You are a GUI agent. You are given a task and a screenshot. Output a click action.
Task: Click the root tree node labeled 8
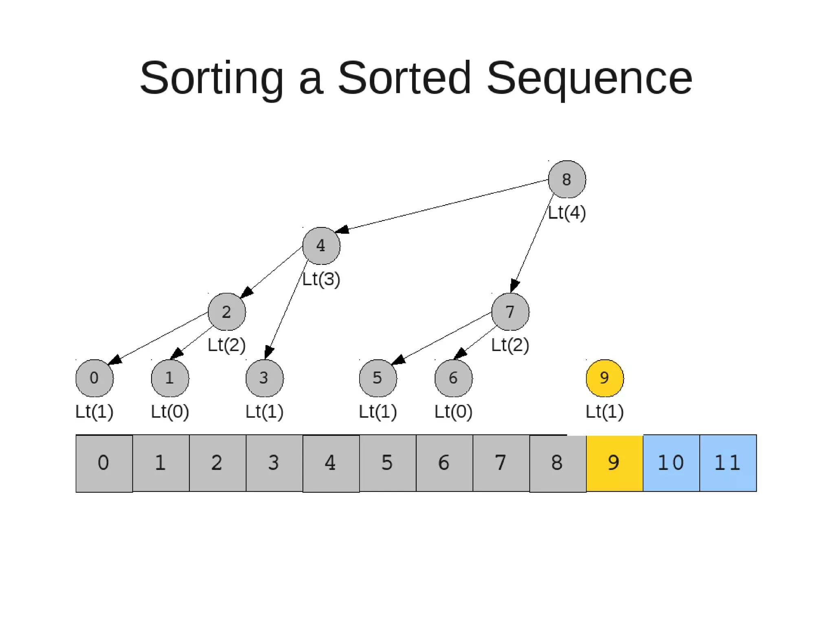(566, 179)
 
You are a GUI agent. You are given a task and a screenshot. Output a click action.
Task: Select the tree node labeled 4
(321, 246)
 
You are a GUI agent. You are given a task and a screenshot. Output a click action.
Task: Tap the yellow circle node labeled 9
(604, 378)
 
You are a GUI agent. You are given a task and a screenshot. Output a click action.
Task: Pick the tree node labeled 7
(510, 312)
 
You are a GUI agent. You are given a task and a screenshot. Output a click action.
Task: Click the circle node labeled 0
(94, 378)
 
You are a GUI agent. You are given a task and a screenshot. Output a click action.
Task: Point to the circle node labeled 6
(453, 378)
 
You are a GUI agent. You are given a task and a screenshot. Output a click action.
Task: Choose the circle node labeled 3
(264, 378)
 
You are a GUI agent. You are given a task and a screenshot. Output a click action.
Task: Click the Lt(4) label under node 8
(566, 212)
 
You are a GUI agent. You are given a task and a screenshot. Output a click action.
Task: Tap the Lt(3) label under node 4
(321, 279)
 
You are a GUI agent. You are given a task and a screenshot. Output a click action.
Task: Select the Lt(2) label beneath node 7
(510, 345)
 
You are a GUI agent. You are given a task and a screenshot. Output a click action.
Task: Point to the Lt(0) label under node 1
(170, 411)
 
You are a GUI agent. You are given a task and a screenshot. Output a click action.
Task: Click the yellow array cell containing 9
(614, 463)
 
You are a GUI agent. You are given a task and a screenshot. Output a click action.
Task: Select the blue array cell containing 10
(671, 463)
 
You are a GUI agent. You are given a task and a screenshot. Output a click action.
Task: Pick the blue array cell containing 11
(728, 463)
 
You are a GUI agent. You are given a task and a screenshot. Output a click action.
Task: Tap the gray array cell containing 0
(104, 463)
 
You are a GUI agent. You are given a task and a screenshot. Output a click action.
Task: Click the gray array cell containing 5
(387, 463)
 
